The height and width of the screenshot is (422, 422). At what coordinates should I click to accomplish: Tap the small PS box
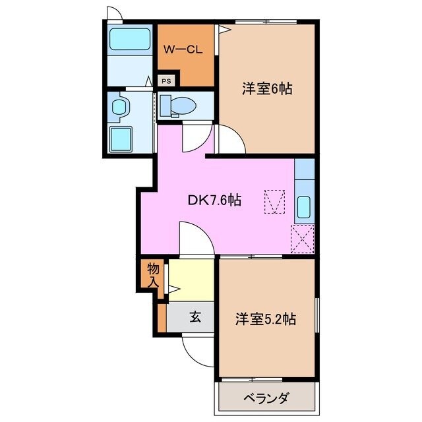point(167,81)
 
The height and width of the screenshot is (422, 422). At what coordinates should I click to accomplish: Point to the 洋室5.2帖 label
point(266,320)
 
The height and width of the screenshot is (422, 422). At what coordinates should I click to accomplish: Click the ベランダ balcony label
point(266,398)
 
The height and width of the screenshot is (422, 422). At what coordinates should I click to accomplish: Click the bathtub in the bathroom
point(130,38)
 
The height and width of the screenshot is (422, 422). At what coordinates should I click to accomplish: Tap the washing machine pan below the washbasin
point(121,139)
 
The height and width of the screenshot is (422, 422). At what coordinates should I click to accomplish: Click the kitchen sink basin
point(305,208)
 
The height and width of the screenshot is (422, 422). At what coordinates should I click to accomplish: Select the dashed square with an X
point(303,238)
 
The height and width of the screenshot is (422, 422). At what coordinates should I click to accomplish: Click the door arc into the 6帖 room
point(231,140)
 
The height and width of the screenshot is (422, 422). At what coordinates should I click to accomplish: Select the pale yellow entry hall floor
point(191,280)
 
